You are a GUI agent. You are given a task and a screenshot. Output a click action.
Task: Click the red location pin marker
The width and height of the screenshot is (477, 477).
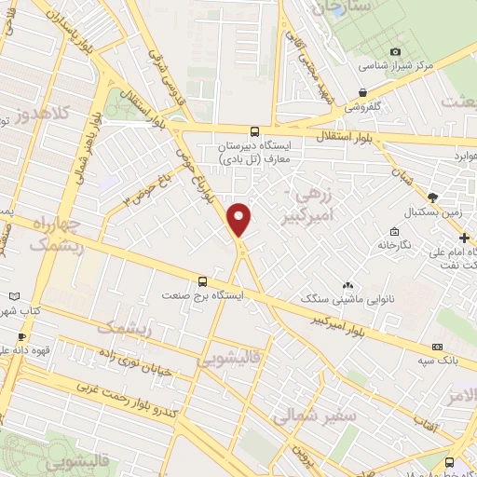point(239,218)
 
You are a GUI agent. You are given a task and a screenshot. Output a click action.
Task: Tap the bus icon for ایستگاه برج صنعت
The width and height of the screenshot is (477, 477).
point(202,279)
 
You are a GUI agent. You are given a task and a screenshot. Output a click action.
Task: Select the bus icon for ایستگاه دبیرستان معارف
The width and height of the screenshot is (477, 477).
point(255,131)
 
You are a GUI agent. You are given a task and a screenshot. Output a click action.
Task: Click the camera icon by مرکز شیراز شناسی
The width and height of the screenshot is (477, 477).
point(395,51)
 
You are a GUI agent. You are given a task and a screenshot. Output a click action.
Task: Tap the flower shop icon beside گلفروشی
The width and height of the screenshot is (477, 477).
point(361,92)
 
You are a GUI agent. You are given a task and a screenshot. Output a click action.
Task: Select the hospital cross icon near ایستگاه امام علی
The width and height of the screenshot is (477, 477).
point(465,211)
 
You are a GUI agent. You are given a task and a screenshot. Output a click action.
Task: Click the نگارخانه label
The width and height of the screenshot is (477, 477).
point(395,244)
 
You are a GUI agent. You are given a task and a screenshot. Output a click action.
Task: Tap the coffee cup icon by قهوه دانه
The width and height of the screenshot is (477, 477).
point(20,336)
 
